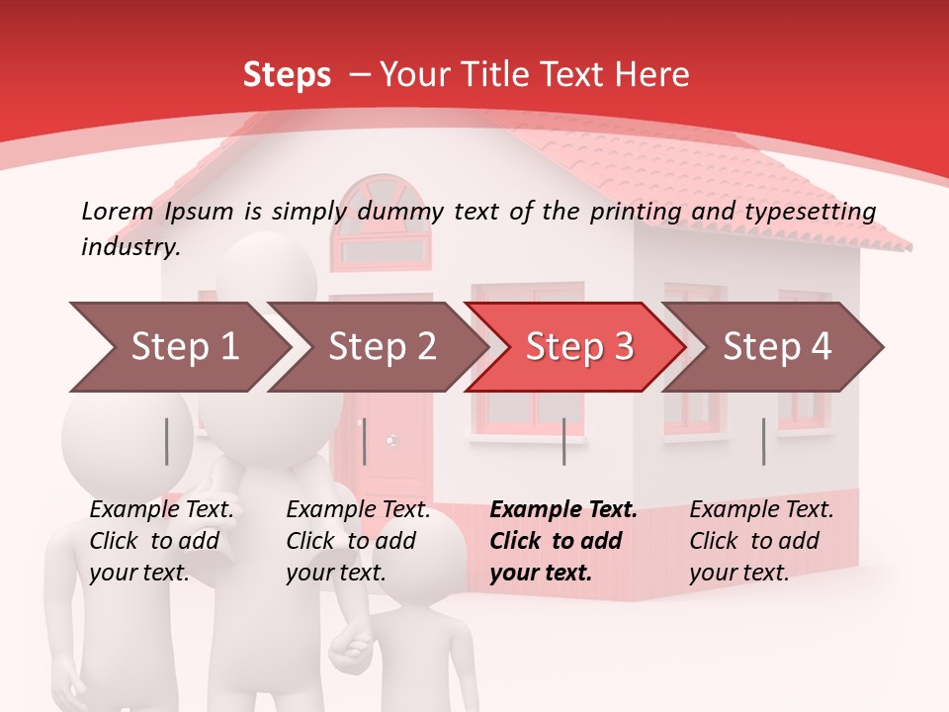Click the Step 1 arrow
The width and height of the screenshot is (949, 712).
[x=178, y=346]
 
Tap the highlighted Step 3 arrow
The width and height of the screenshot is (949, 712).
[x=578, y=346]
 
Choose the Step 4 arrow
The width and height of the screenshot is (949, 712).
[x=776, y=346]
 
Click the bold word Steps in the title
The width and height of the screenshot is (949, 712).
[x=287, y=74]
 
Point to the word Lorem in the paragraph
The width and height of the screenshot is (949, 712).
[x=118, y=211]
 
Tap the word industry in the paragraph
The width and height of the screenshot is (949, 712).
[x=129, y=246]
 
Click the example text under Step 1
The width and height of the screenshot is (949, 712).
[x=161, y=541]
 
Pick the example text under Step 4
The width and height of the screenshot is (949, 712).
[x=761, y=541]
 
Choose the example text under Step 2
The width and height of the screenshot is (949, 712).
[x=358, y=541]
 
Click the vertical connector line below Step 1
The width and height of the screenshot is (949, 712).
[x=167, y=441]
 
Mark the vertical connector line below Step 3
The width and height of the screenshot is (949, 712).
[x=563, y=441]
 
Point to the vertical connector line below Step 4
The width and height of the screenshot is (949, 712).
[x=763, y=441]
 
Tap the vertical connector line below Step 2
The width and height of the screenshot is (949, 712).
[x=365, y=441]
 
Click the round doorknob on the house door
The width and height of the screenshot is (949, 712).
[x=391, y=440]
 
